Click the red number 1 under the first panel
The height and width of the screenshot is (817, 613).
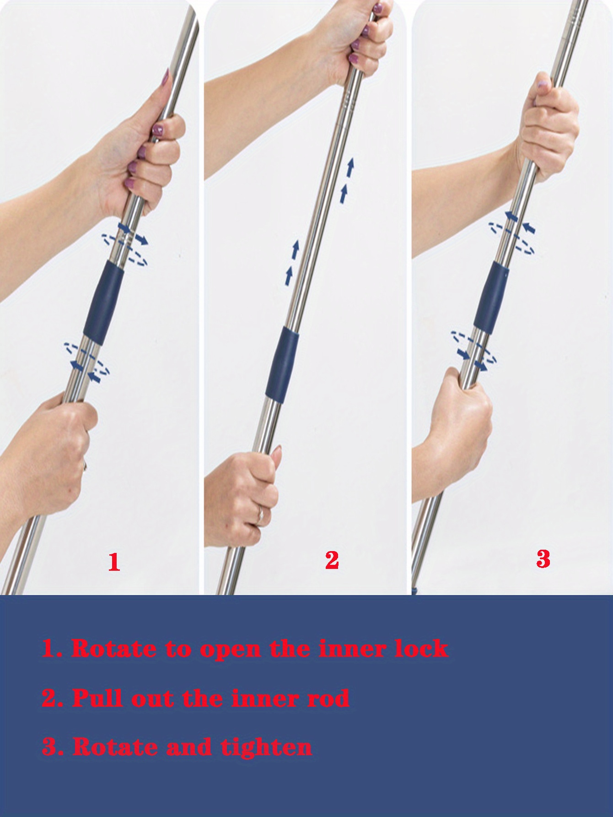click(x=114, y=562)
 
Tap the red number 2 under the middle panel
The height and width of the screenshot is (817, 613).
click(x=332, y=560)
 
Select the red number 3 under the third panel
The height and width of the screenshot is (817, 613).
click(x=543, y=559)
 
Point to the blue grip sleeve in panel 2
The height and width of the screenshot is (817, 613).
click(x=282, y=365)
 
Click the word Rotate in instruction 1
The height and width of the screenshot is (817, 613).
click(x=113, y=649)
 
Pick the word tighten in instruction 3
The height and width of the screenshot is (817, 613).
click(x=267, y=747)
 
